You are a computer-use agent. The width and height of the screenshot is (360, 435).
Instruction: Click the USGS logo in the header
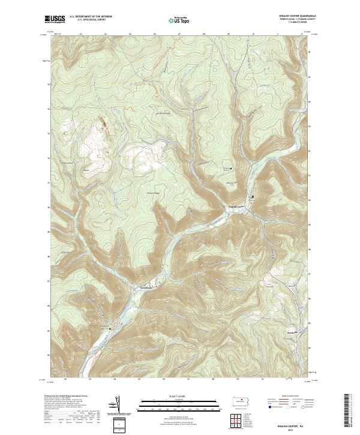[55, 19]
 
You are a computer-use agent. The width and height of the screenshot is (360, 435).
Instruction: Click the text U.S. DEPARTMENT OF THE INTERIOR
[91, 17]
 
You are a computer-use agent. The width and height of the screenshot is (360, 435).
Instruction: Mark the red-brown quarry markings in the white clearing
[103, 124]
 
